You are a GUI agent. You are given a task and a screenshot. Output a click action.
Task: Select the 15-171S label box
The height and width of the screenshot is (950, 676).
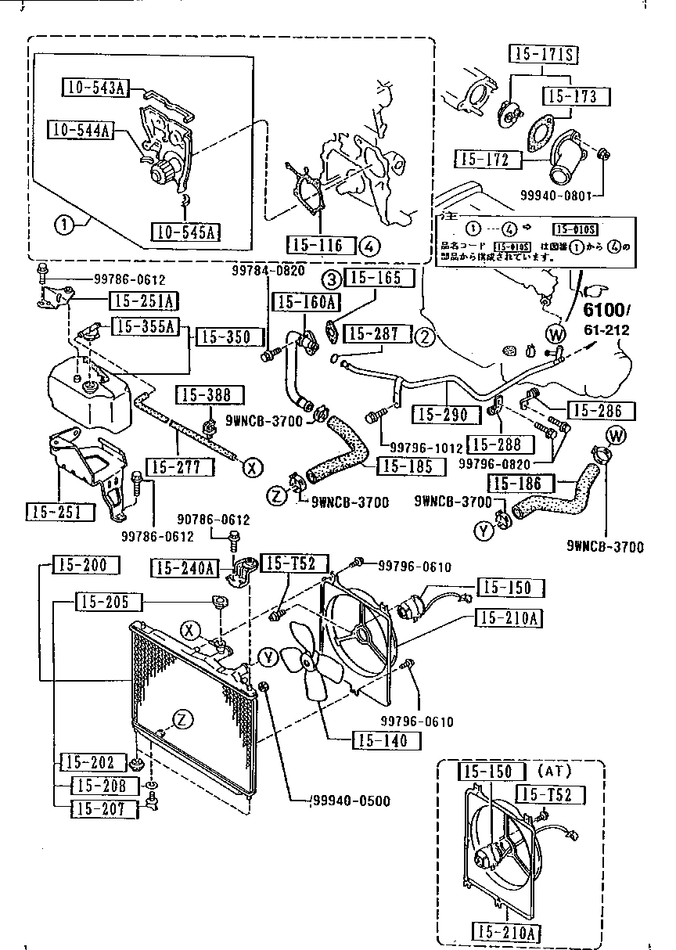[x=545, y=54]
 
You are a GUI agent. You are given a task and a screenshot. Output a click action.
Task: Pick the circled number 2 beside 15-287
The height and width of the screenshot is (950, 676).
[x=424, y=337]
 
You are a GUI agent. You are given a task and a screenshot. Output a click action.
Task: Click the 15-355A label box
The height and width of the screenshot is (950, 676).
[x=145, y=326]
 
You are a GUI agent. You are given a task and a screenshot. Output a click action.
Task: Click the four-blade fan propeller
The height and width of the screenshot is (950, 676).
[x=308, y=657]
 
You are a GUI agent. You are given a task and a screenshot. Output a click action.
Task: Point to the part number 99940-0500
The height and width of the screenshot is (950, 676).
[x=351, y=801]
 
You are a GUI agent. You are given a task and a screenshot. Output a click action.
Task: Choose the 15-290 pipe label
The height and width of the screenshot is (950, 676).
[x=441, y=415]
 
